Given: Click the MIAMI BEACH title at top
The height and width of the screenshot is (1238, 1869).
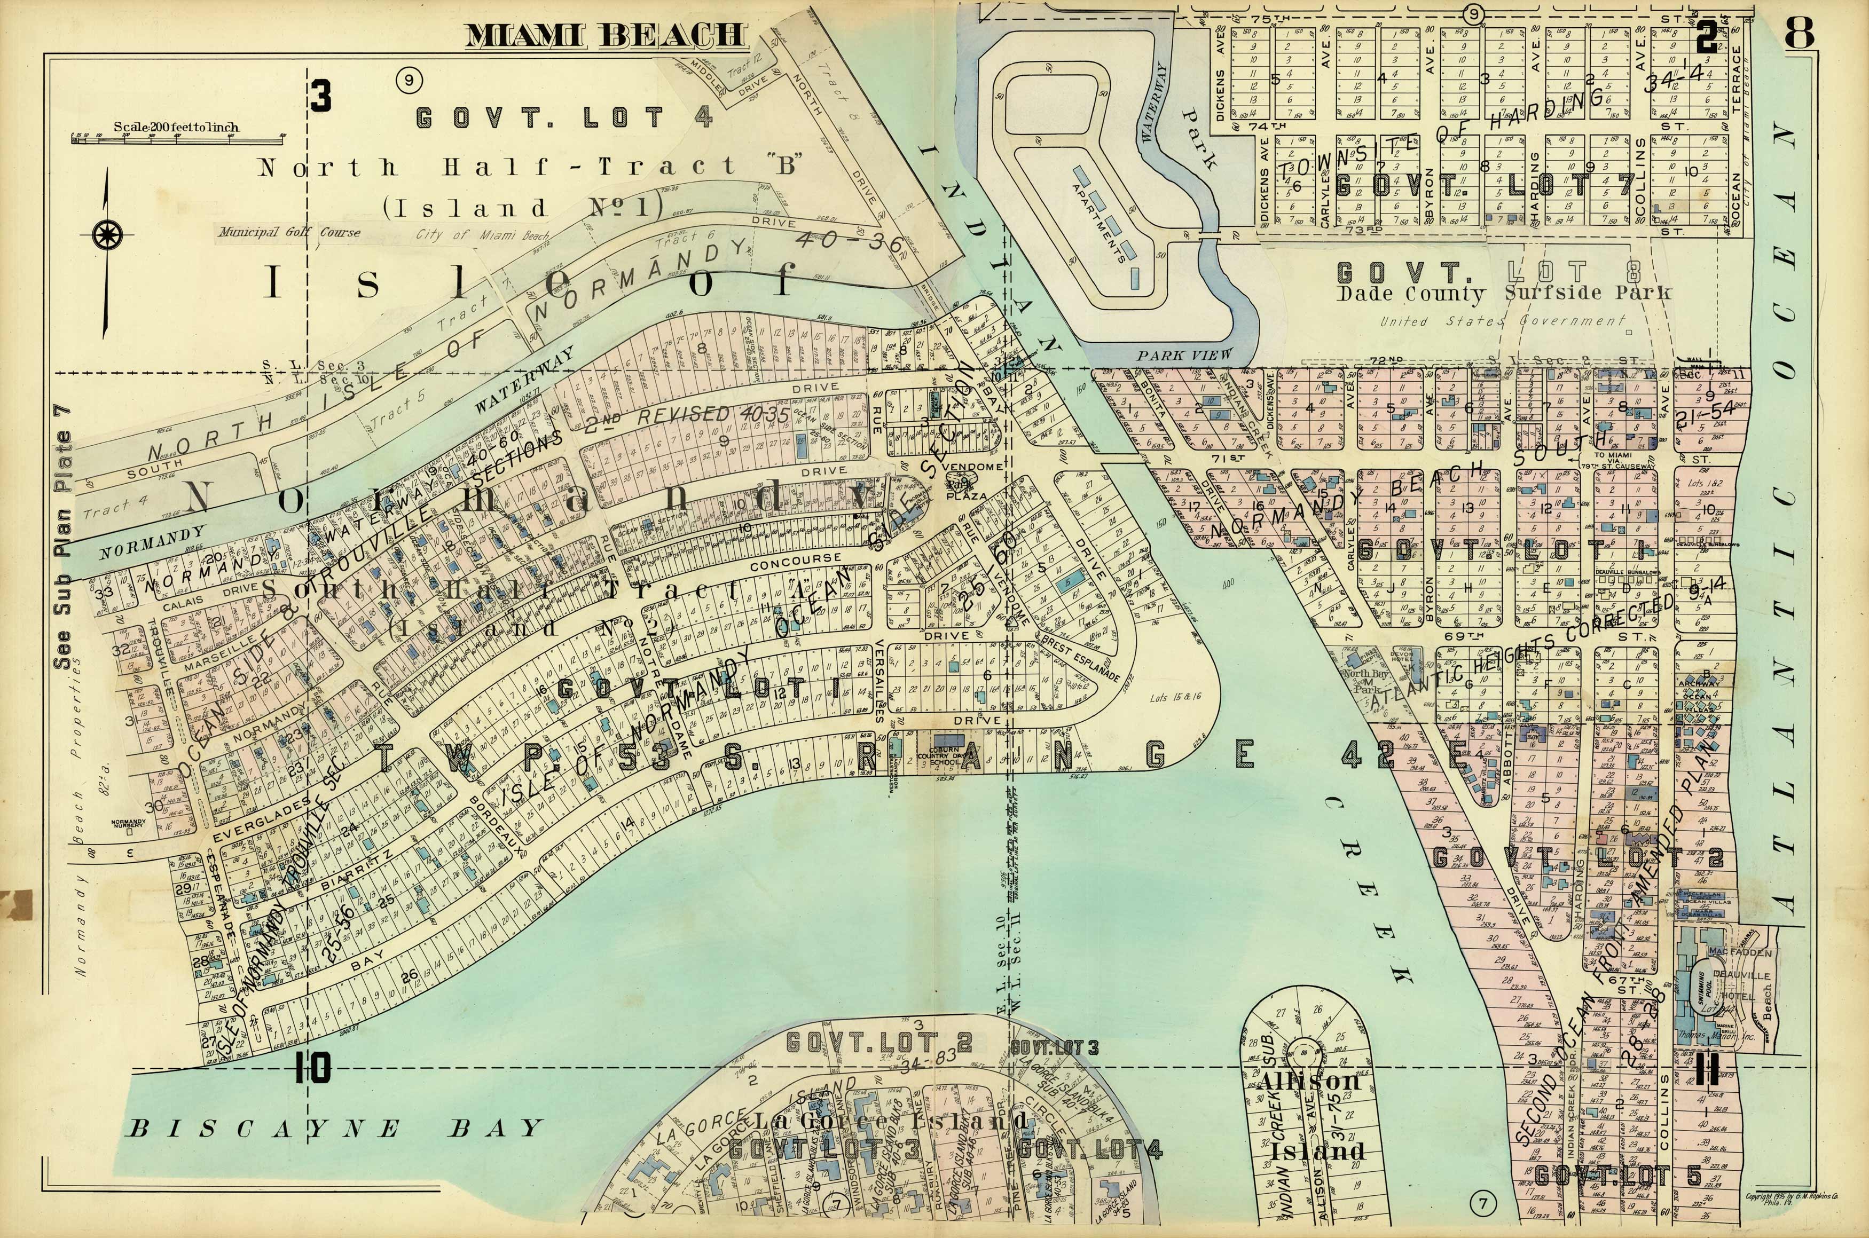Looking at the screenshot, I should tap(605, 36).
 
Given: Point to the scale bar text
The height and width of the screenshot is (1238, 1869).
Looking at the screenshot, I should tap(176, 127).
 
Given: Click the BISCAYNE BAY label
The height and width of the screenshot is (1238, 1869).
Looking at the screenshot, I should tap(335, 1128).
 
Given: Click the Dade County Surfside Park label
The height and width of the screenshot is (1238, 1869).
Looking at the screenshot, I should tap(1504, 294).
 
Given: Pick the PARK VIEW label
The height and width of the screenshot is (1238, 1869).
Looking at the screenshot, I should tap(1184, 356).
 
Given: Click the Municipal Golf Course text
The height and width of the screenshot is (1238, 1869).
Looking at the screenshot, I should tap(290, 232).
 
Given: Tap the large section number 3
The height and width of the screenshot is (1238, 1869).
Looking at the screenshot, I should tap(321, 97).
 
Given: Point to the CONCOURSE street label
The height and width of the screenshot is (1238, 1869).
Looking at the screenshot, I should tap(795, 562).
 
